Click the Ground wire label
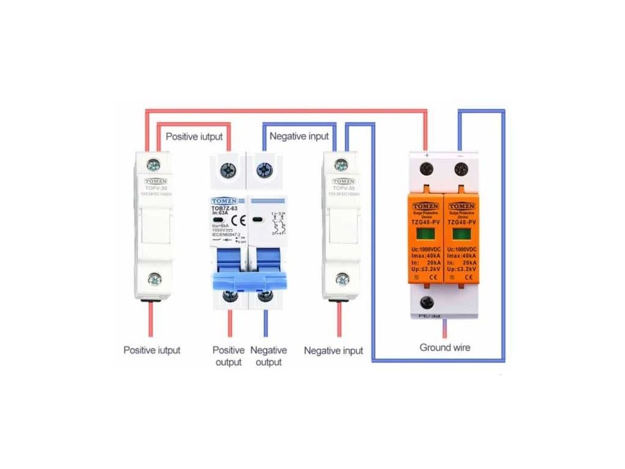point(445,347)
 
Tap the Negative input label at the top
point(299,136)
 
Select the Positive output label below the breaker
point(228,356)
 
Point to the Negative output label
point(269,356)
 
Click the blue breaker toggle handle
point(248,280)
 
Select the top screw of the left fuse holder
point(154,164)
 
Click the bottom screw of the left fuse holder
point(154,280)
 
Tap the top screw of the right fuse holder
point(342,164)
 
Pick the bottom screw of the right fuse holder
point(342,280)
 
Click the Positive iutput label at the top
point(194,136)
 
